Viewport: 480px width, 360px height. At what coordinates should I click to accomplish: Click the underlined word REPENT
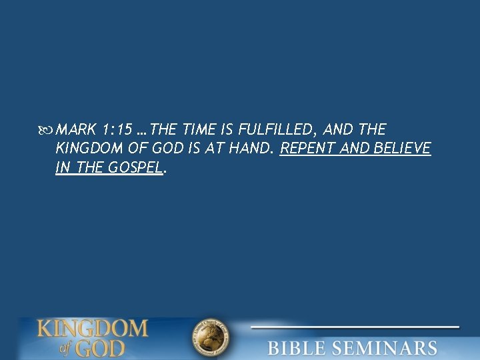pyautogui.click(x=308, y=149)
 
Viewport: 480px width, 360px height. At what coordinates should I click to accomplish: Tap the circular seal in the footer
pyautogui.click(x=211, y=339)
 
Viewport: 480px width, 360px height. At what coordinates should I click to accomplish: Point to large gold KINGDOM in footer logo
pyautogui.click(x=92, y=328)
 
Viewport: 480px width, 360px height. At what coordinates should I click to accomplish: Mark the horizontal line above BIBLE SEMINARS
pyautogui.click(x=355, y=327)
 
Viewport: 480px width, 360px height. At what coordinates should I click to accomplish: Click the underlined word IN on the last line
pyautogui.click(x=63, y=168)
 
